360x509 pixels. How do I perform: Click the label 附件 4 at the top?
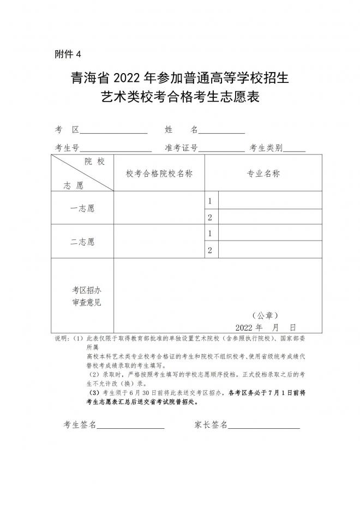(68, 53)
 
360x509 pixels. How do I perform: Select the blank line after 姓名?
(221, 131)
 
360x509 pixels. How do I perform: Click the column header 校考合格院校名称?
(159, 173)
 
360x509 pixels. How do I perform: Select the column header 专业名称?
(263, 173)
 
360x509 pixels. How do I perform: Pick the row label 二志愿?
(82, 241)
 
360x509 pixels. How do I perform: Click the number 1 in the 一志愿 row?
(209, 201)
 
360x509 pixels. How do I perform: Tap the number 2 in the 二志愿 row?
(209, 250)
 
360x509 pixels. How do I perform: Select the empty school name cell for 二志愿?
(159, 241)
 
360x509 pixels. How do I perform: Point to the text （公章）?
(266, 315)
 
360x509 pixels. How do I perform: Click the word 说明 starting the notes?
(62, 339)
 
